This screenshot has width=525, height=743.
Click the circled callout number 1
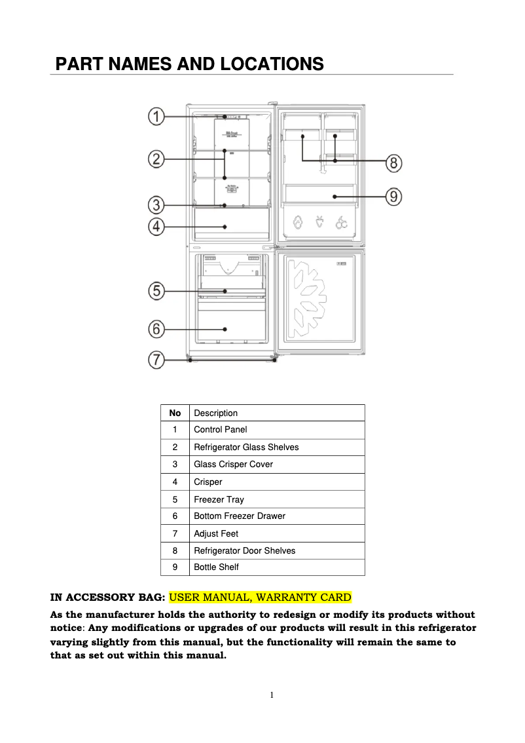(155, 117)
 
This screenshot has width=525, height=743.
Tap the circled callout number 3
(155, 205)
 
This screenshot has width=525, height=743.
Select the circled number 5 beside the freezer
(155, 291)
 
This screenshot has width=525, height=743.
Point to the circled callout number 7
(155, 360)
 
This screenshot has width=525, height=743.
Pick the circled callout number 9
(393, 196)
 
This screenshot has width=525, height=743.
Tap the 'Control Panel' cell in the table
(221, 430)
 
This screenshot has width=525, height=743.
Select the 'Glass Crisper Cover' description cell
(233, 465)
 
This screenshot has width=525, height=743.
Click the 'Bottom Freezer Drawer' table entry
(240, 516)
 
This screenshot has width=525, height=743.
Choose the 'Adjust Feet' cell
(216, 534)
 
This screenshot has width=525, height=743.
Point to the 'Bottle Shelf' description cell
(216, 567)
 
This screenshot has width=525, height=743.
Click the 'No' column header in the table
(175, 413)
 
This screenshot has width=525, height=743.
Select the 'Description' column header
(216, 413)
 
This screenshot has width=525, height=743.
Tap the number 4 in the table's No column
(175, 482)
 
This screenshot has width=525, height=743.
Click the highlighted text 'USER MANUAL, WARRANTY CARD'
(261, 598)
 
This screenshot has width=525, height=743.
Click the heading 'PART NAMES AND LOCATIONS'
(190, 64)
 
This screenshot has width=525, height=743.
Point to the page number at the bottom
(271, 695)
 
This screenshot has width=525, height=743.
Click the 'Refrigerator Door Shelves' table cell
(244, 551)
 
